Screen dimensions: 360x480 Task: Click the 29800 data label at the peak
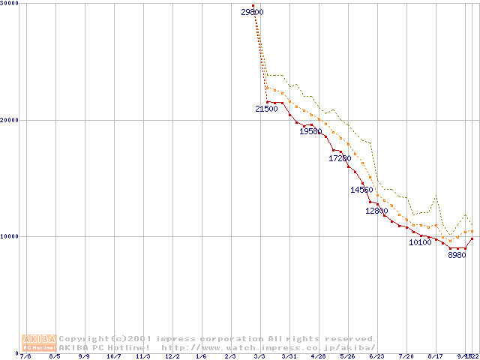pos(253,13)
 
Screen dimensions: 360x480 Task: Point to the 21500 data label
pos(266,109)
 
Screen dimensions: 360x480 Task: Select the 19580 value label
pos(310,131)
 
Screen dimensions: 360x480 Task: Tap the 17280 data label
pos(340,158)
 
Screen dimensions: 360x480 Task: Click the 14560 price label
pos(361,190)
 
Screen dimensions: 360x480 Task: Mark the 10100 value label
pos(420,242)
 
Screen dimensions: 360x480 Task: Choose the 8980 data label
pos(457,255)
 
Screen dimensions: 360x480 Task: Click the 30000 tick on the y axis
pos(10,4)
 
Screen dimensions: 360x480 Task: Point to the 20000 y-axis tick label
pos(10,120)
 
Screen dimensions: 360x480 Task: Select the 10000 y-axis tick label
pos(10,236)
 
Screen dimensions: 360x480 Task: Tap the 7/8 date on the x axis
pos(25,356)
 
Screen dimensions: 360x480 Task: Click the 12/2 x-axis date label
pos(172,356)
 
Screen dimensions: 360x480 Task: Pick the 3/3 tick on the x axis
pos(259,356)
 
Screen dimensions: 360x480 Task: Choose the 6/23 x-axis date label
pos(376,356)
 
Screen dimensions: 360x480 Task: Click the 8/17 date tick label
pos(435,356)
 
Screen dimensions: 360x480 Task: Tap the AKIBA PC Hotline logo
pos(39,343)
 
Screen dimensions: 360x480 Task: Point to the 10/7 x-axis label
pos(113,356)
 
